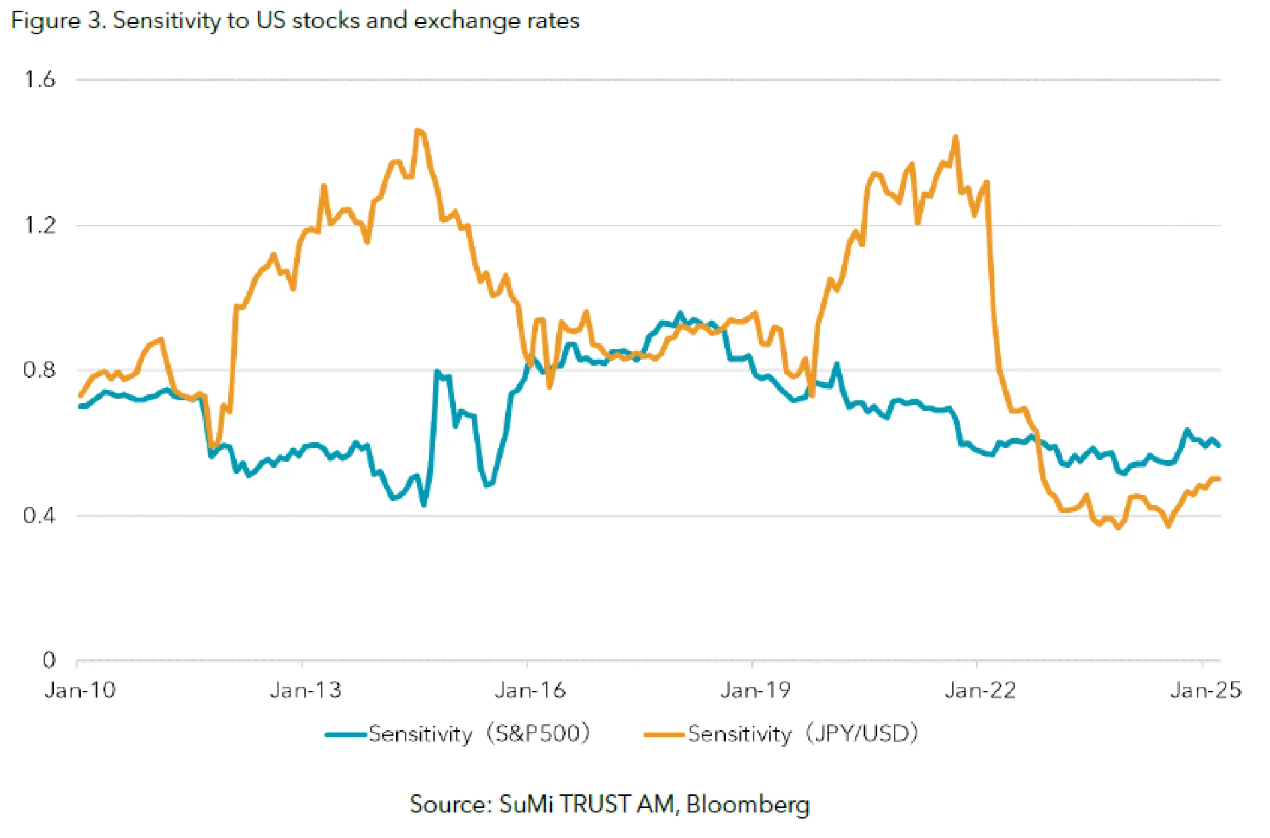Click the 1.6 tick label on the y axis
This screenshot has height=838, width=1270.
pos(39,80)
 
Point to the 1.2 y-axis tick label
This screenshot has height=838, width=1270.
pos(39,226)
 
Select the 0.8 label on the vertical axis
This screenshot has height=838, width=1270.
pos(39,370)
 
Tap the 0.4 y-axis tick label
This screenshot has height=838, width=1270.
pos(39,515)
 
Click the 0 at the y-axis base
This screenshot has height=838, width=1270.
pos(49,660)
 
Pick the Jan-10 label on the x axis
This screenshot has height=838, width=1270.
pos(80,691)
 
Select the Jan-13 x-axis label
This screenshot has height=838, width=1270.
pos(305,691)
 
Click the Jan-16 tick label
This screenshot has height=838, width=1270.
pos(530,691)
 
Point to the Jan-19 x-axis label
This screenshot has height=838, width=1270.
pos(755,691)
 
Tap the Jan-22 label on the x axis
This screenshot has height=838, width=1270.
pos(980,691)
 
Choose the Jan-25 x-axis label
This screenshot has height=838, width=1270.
pos(1205,691)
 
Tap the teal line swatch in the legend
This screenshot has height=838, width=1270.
pos(345,734)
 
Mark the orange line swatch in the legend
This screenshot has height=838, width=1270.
pos(664,734)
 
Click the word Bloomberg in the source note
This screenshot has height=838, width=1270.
pos(747,804)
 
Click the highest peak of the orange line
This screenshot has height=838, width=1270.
pos(417,130)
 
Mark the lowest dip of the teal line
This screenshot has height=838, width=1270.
pos(424,505)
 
